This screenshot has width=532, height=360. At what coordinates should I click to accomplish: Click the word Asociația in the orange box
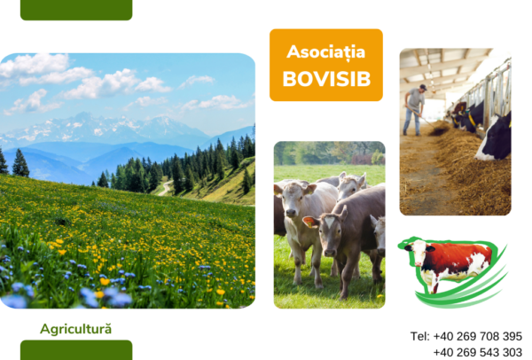coord(325,52)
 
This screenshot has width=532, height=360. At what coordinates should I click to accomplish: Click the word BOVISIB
coord(326,79)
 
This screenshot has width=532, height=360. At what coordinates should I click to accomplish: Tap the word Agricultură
coord(75,329)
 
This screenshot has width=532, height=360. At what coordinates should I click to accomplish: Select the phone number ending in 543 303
coord(478,352)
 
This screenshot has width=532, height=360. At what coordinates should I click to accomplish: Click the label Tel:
coord(420,336)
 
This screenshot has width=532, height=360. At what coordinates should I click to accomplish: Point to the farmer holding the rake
coord(415,110)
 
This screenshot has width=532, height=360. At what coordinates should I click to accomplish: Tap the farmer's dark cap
coord(423,87)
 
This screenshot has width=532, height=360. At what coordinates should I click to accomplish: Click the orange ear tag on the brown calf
coord(309,223)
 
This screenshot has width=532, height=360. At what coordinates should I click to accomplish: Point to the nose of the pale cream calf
coord(291,213)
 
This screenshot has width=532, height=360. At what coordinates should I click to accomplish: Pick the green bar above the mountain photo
coord(76,10)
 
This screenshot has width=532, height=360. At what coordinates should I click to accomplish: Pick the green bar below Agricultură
coord(76,350)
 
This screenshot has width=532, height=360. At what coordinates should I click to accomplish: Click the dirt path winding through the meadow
coord(165,188)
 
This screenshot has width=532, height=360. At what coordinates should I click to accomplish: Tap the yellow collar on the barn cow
coord(472,119)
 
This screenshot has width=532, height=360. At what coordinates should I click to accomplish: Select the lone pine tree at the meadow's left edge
coord(20,163)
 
